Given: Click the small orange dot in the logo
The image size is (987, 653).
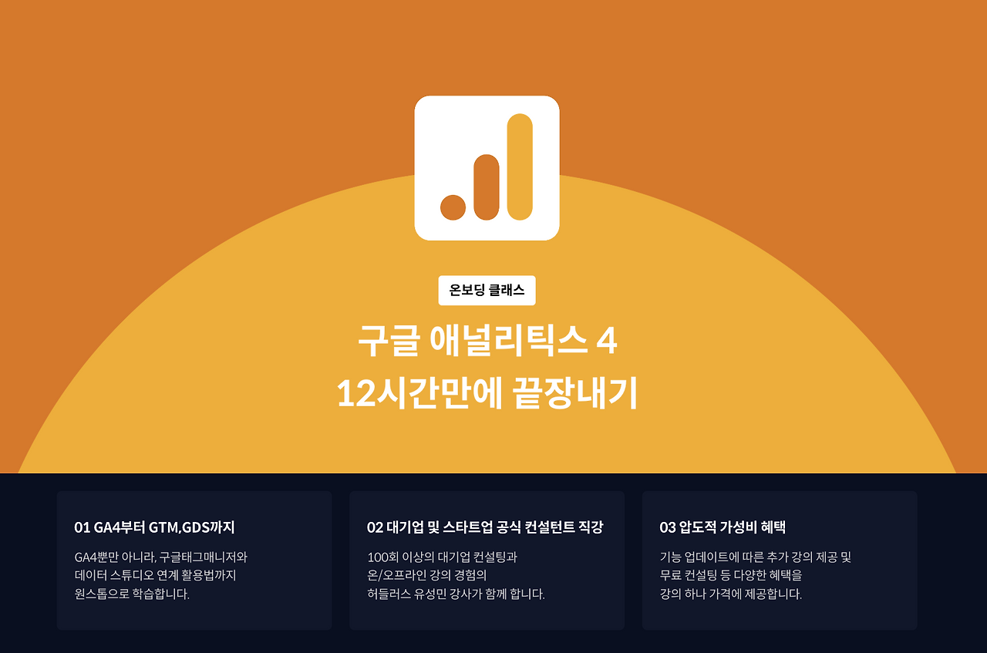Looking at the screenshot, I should coord(453,207).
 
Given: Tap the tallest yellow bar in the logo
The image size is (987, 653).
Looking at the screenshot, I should coord(520,167).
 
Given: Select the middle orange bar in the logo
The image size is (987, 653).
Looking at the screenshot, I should coord(487,187).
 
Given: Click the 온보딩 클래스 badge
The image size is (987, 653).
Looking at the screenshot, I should coord(487,291).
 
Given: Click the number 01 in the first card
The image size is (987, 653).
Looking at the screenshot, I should coord(82,528).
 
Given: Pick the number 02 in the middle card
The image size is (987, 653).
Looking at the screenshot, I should coord(375,528).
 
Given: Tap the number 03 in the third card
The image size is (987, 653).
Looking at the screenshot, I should coord(668,528).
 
